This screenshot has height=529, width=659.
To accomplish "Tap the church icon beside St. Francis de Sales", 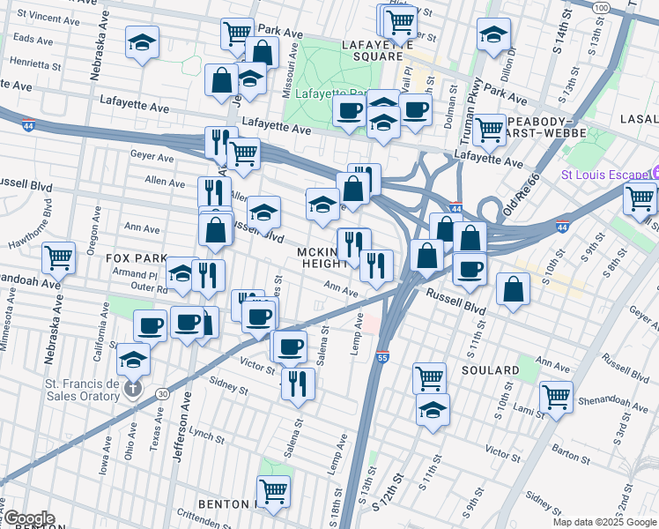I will pyautogui.click(x=132, y=389).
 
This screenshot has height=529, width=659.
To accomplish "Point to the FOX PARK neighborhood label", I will pyautogui.click(x=137, y=258).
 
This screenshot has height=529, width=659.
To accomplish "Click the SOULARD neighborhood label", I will pyautogui.click(x=490, y=370).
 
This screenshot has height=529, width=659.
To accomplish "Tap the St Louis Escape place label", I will pyautogui.click(x=603, y=174).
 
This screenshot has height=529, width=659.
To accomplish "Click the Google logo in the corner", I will pyautogui.click(x=28, y=518).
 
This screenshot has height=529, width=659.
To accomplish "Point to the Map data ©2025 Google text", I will pyautogui.click(x=604, y=522).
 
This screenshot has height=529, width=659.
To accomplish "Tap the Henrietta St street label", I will pyautogui.click(x=36, y=64).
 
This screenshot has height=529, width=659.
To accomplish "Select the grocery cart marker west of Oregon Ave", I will pyautogui.click(x=58, y=257).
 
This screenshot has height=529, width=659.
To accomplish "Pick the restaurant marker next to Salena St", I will pyautogui.click(x=298, y=384).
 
